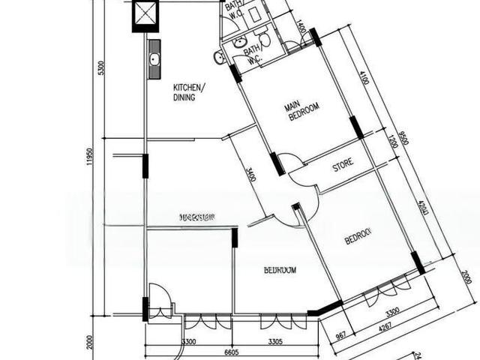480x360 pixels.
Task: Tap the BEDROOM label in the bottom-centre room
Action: click(x=279, y=270)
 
